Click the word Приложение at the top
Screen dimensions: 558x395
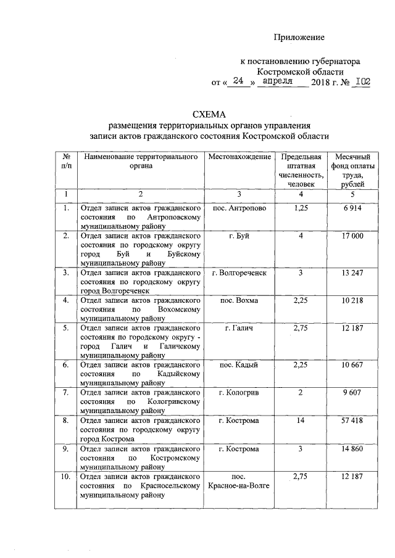tap(299, 38)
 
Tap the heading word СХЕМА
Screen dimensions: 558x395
tap(209, 115)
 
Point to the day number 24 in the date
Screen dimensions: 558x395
tap(239, 81)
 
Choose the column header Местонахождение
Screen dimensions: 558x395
tap(239, 157)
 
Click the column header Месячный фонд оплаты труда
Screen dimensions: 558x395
tap(349, 170)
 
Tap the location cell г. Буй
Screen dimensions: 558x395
tap(239, 237)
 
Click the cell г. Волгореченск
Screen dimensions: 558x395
tap(239, 272)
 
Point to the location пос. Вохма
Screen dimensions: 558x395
tap(239, 300)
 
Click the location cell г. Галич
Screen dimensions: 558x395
tap(239, 328)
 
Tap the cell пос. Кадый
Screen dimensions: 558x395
tap(239, 365)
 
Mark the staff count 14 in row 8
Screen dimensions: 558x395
tap(301, 421)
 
